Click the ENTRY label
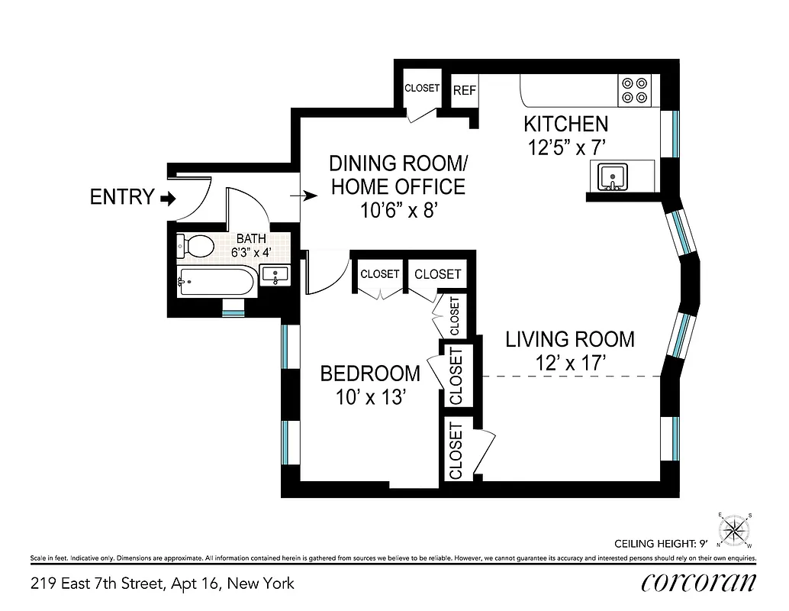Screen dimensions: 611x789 tap(121, 197)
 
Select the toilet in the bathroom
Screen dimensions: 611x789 tap(198, 246)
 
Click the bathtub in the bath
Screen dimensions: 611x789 tap(215, 283)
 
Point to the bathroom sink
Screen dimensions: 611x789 tap(275, 275)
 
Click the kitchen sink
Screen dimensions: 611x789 tap(612, 177)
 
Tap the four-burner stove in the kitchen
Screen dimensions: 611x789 tap(634, 90)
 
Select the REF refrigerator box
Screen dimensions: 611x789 tap(465, 90)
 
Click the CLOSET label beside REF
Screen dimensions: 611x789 tap(422, 89)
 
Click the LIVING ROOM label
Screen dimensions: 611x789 tap(570, 338)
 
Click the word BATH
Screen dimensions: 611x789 tap(250, 238)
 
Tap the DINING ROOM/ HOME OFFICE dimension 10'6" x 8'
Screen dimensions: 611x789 tap(398, 211)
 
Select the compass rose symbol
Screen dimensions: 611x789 tap(735, 529)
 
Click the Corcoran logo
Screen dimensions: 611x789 tap(699, 583)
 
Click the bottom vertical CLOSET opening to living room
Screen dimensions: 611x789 tap(456, 450)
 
